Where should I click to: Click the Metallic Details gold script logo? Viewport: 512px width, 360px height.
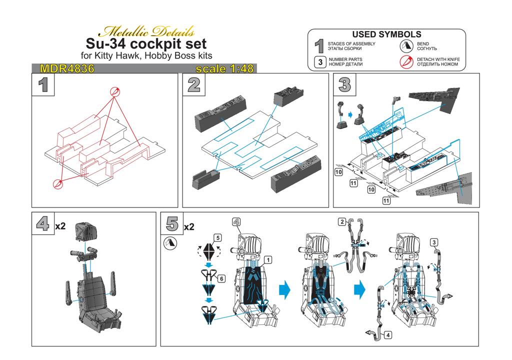pyautogui.click(x=146, y=31)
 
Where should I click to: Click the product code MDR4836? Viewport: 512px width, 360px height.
pyautogui.click(x=67, y=68)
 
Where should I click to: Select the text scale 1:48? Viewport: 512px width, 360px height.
pyautogui.click(x=224, y=68)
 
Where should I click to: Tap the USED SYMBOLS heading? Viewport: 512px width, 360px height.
pyautogui.click(x=386, y=34)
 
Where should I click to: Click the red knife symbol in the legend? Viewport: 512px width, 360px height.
pyautogui.click(x=406, y=61)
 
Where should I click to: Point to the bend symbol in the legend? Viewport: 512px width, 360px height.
pyautogui.click(x=406, y=46)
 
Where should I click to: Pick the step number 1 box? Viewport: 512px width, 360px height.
pyautogui.click(x=43, y=84)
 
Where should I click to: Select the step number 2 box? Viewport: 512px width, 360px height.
pyautogui.click(x=193, y=84)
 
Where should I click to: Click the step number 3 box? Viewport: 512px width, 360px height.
pyautogui.click(x=344, y=84)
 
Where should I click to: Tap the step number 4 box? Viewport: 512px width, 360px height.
pyautogui.click(x=43, y=223)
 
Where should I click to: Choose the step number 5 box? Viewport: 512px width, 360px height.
pyautogui.click(x=172, y=223)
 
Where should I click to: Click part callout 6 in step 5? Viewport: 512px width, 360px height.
pyautogui.click(x=221, y=278)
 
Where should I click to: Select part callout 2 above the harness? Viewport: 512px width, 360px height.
pyautogui.click(x=342, y=222)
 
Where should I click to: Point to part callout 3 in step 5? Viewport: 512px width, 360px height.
pyautogui.click(x=433, y=242)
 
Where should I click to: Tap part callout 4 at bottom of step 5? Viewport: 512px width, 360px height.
pyautogui.click(x=387, y=335)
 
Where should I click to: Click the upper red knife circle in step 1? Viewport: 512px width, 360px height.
pyautogui.click(x=114, y=91)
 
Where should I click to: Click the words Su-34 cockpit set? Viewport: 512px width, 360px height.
pyautogui.click(x=146, y=44)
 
